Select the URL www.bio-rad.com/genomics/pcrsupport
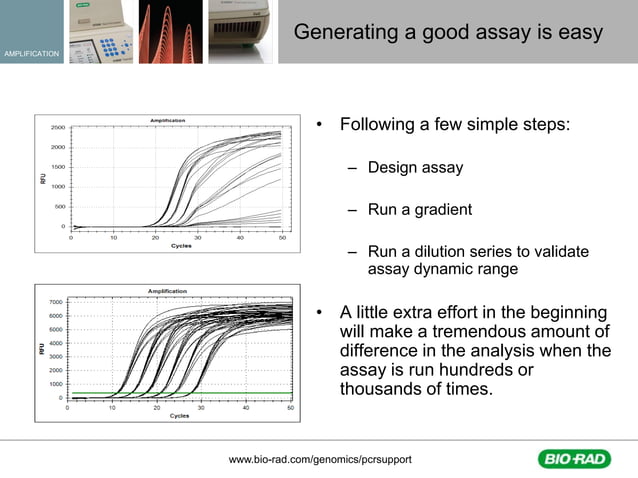[x=320, y=458]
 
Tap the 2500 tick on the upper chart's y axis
[x=58, y=128]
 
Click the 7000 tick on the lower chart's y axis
[x=56, y=301]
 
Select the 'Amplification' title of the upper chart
[x=166, y=120]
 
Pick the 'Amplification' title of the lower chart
[x=165, y=291]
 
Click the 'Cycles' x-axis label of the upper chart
[x=181, y=245]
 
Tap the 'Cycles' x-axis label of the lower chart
[x=180, y=415]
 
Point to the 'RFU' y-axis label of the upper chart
[x=42, y=178]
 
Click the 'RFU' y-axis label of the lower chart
[x=41, y=350]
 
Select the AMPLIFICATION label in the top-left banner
[x=30, y=52]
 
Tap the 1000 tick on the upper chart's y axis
[x=58, y=186]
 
